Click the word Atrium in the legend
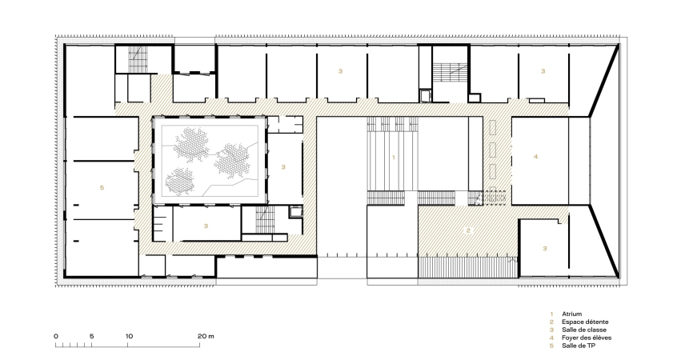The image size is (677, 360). tap(571, 314)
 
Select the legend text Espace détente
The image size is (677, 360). tap(585, 322)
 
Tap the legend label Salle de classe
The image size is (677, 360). tap(583, 330)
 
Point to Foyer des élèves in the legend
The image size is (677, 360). tap(587, 338)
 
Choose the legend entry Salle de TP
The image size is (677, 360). tap(579, 346)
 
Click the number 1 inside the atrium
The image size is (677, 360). tap(394, 158)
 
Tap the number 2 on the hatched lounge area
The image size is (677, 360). tap(468, 230)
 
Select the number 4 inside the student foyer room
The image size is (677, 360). tap(536, 156)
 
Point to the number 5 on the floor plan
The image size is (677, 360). tap(102, 187)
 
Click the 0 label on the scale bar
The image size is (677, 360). tap(56, 336)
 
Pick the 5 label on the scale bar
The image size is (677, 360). tap(91, 336)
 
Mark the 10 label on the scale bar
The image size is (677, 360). tap(129, 336)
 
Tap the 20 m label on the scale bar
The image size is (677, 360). tap(206, 336)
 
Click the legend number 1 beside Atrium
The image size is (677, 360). tap(551, 314)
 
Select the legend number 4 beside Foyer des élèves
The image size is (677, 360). tap(551, 338)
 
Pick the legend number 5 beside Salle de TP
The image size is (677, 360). tap(551, 346)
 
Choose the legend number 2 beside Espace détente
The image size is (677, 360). tap(551, 322)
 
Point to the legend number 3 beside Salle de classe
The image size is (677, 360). tap(551, 330)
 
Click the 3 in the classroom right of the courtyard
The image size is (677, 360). tap(283, 167)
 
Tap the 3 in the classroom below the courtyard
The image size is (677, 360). tap(206, 226)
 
